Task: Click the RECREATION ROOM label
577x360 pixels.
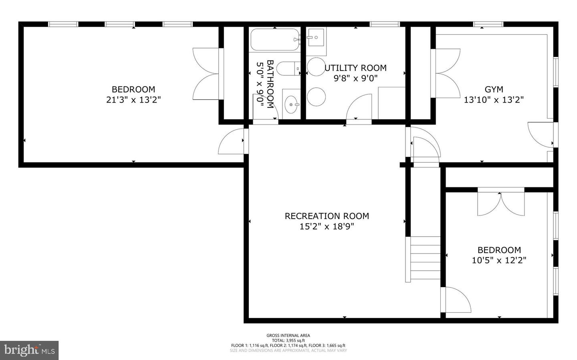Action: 327,216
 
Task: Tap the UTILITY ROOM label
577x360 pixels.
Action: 355,68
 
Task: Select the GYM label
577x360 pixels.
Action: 494,89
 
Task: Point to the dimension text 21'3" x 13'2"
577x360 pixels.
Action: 133,100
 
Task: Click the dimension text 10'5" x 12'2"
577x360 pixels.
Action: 499,260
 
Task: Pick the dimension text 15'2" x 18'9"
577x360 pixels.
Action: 327,227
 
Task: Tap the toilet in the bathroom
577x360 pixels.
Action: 288,68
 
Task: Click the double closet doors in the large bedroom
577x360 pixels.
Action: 206,74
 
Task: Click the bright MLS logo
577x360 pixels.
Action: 29,350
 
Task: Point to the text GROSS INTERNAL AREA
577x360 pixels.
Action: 288,336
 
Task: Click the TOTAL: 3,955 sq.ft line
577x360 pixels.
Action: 288,340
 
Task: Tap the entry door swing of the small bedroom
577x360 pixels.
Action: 457,300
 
